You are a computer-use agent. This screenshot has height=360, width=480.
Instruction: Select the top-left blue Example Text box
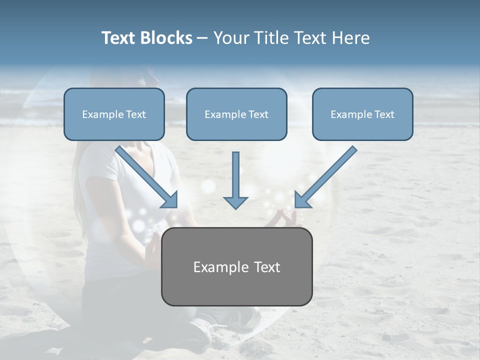coord(114,114)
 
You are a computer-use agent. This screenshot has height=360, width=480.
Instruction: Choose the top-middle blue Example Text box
coord(236,114)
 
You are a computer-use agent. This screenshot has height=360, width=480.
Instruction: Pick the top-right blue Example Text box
coord(362,114)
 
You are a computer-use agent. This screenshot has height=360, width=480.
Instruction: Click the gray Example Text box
coord(236,266)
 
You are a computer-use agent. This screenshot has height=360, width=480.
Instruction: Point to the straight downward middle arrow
coord(235,177)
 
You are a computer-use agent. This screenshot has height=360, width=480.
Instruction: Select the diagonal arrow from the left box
coord(145,175)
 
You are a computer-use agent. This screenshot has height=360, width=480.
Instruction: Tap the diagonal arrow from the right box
coord(327,175)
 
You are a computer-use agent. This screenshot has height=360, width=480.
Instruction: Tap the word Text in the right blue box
coord(384,114)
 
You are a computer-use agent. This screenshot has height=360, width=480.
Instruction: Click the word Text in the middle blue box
coord(258,114)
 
